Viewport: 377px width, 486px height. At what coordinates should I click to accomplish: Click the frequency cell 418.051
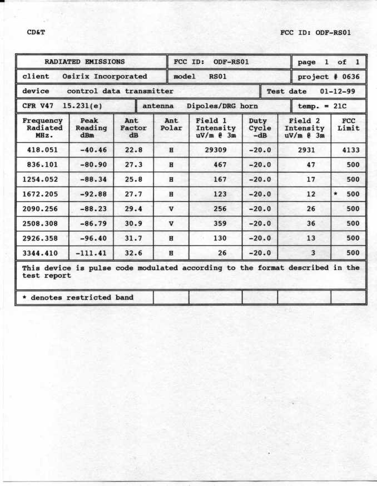[42, 150]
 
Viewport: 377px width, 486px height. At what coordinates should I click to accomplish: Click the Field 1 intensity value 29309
[215, 150]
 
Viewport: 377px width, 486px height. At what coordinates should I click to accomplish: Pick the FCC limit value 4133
[349, 150]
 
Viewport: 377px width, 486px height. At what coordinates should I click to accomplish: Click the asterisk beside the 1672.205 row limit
[336, 194]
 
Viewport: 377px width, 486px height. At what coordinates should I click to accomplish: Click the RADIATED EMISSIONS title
[85, 62]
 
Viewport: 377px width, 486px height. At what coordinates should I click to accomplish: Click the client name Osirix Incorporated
[105, 77]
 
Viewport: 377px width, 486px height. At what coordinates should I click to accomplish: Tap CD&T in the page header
[36, 32]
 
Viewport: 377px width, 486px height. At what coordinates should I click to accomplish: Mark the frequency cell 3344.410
[42, 254]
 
